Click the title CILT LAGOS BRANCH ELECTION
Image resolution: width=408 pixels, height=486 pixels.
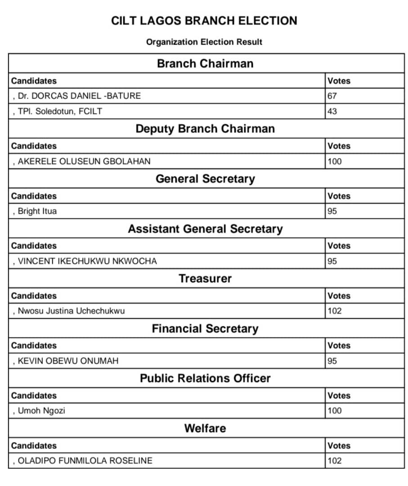204,21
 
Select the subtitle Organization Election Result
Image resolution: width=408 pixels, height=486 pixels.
204,42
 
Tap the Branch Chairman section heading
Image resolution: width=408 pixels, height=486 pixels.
205,63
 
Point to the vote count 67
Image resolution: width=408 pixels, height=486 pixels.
332,95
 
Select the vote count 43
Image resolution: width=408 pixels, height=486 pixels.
332,111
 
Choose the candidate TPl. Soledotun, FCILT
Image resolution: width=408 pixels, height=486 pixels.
60,111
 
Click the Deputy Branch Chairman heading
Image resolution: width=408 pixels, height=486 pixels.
205,129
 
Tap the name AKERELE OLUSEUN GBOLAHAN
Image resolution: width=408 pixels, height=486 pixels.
84,161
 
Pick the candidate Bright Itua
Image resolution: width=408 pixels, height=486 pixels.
37,211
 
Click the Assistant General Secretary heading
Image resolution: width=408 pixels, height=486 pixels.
205,229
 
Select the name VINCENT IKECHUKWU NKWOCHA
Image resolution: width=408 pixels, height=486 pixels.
87,261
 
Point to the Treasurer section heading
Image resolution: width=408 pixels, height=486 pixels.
205,279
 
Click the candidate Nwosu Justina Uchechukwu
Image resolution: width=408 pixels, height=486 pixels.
71,310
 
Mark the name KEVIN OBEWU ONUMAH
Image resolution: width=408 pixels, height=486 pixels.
68,361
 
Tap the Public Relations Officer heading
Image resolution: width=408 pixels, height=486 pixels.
205,378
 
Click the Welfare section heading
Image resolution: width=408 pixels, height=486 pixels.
205,428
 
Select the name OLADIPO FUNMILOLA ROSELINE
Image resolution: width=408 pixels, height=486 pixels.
85,460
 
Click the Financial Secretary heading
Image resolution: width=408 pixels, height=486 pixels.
205,328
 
